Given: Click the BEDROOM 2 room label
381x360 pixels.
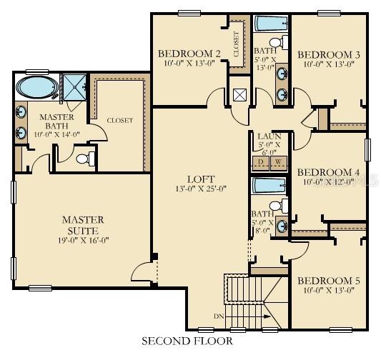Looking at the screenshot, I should coord(189,54).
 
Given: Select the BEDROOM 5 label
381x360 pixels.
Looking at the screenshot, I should coord(329,280).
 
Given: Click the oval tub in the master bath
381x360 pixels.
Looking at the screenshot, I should coord(35,89).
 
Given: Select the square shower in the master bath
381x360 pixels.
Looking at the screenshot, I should coord(73,86).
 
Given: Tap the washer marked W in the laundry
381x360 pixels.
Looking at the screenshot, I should coord(277,161).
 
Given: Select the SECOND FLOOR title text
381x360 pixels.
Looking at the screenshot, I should coord(187,341).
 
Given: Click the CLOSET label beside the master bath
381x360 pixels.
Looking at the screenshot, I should coord(119,121).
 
